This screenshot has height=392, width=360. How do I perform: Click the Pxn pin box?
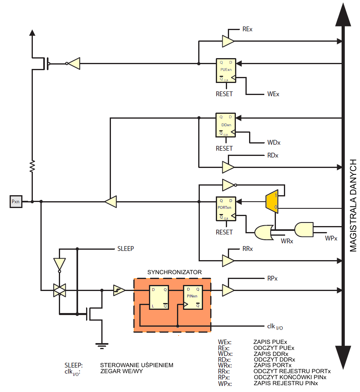tap(16, 202)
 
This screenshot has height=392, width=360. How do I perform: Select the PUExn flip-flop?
tap(226, 71)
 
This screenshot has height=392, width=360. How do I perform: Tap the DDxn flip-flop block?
tap(225, 125)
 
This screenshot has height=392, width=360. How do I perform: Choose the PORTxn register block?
tap(226, 209)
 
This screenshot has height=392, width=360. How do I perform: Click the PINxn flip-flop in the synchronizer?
tap(193, 297)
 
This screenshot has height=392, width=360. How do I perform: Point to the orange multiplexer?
tap(272, 202)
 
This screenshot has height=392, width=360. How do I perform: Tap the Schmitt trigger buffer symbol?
tap(119, 290)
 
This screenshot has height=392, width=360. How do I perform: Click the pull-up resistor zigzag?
tap(32, 166)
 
